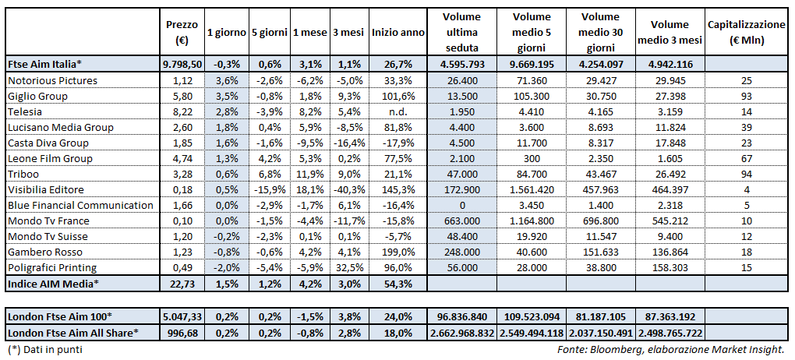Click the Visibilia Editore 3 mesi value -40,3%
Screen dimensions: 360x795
coord(348,189)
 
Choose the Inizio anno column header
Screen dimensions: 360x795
coord(397,33)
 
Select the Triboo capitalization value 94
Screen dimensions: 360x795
coord(747,174)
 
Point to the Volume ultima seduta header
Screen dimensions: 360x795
coord(461,32)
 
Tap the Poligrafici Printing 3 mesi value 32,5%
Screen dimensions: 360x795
coord(348,267)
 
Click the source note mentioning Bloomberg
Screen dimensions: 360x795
coord(673,350)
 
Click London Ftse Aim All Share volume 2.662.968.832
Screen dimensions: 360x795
coord(461,333)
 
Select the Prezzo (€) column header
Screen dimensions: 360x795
coord(178,32)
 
